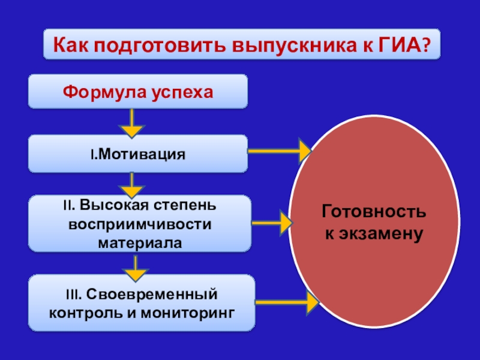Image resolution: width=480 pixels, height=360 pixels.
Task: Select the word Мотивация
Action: point(141,154)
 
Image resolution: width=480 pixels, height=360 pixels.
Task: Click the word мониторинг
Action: point(190,313)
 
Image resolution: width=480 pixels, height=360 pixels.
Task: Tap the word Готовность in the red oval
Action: point(374,212)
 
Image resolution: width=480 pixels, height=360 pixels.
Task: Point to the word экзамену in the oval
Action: point(382,232)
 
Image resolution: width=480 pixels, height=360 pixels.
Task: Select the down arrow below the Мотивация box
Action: point(132,183)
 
